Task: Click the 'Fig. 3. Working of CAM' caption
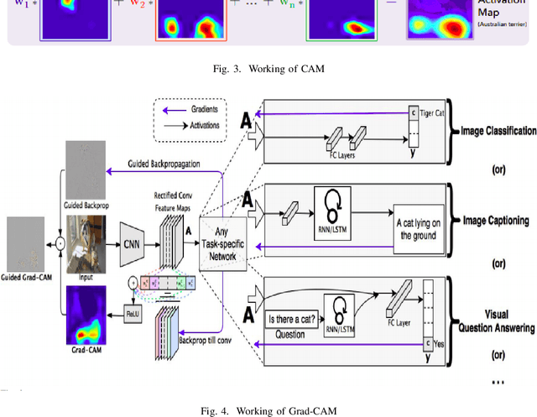click(268, 60)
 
